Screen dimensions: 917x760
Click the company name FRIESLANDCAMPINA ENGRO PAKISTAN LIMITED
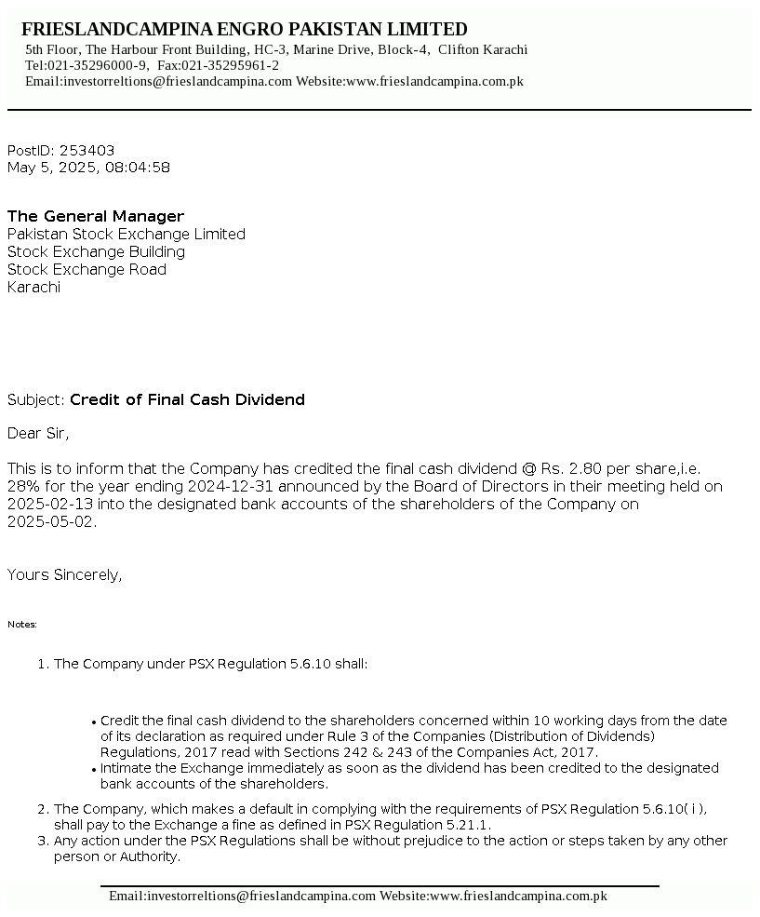pyautogui.click(x=244, y=30)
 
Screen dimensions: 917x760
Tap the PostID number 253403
pyautogui.click(x=87, y=151)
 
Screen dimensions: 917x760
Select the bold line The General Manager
pyautogui.click(x=96, y=217)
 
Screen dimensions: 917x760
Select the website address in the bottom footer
pyautogui.click(x=517, y=896)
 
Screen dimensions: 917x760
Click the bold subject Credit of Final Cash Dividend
pyautogui.click(x=187, y=400)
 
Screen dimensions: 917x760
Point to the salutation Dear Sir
pyautogui.click(x=38, y=433)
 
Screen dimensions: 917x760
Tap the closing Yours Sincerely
pyautogui.click(x=64, y=575)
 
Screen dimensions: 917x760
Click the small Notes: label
pyautogui.click(x=22, y=625)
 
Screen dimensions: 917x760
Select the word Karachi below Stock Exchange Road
pyautogui.click(x=33, y=288)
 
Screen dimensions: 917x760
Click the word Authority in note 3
pyautogui.click(x=150, y=857)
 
